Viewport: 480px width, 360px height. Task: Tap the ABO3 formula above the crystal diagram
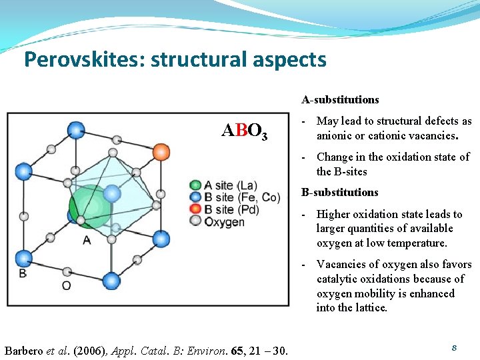(x=245, y=131)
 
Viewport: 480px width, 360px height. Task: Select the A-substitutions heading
(x=340, y=100)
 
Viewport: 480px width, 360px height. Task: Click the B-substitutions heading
(x=340, y=193)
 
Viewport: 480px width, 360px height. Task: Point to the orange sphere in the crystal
(x=161, y=152)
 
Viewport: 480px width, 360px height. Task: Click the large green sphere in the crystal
(x=91, y=205)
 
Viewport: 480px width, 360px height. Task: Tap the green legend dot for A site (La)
(x=195, y=185)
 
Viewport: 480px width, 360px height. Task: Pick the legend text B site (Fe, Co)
(x=233, y=197)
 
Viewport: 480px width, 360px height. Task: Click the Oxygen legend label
(x=225, y=222)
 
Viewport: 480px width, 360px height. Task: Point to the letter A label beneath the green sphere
(x=87, y=240)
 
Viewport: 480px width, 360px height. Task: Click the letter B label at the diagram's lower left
(x=23, y=273)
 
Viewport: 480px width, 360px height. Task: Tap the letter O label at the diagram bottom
(x=67, y=286)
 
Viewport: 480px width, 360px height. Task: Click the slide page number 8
(x=454, y=348)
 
